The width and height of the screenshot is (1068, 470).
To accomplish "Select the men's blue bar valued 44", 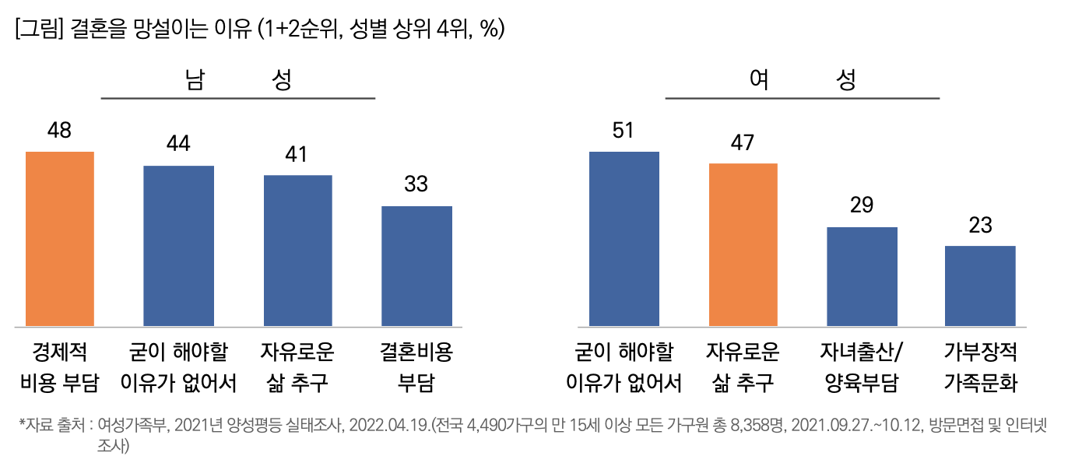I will [x=178, y=245].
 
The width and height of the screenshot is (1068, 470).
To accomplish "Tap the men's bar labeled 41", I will [x=297, y=250].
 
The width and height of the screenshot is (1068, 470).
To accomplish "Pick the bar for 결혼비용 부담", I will [x=416, y=265].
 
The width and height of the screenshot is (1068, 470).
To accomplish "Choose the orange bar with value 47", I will [x=743, y=244].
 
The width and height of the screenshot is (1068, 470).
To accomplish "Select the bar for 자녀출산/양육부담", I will [x=862, y=276].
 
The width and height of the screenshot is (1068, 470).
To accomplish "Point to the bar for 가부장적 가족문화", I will [x=980, y=286].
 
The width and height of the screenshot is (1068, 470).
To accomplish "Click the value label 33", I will [x=416, y=184].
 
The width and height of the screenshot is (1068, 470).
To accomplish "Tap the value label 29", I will [x=862, y=205].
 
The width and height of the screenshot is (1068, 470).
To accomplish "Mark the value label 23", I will [x=980, y=225].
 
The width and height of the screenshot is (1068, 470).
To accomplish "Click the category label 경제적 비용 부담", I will [x=59, y=367].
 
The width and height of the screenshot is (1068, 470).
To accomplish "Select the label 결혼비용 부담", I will [x=416, y=367].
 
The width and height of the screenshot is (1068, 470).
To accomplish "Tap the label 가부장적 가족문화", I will [x=980, y=367].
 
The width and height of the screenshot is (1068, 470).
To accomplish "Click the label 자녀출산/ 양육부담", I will [x=862, y=367].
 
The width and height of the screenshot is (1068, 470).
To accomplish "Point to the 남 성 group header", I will [x=238, y=80].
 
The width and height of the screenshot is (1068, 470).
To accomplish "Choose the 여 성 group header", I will [x=802, y=80].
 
